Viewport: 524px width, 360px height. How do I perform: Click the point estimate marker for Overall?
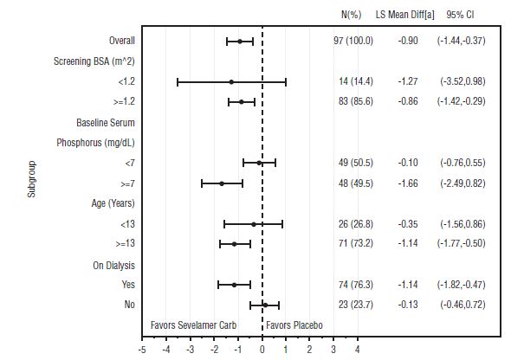pos(240,41)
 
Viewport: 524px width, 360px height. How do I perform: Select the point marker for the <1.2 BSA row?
pos(231,81)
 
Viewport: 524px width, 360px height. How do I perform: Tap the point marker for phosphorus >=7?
pos(222,183)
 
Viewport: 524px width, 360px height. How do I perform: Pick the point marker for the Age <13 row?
pos(253,223)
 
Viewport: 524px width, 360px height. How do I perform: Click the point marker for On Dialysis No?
pos(265,305)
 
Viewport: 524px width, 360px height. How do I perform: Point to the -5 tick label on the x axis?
pos(142,350)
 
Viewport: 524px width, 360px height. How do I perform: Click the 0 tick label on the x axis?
pos(262,350)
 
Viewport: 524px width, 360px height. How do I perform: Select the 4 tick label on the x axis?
pos(358,350)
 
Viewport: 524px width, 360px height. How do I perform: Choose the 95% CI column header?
pos(460,16)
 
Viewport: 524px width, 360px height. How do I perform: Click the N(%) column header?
pos(354,16)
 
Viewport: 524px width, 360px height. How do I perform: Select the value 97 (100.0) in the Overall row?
pos(354,41)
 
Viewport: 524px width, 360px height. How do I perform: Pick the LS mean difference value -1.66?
pos(409,183)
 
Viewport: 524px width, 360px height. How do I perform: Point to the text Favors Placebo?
pos(294,325)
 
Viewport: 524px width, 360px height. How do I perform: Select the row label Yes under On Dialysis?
pos(127,284)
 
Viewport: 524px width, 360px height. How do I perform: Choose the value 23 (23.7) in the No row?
pos(354,305)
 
